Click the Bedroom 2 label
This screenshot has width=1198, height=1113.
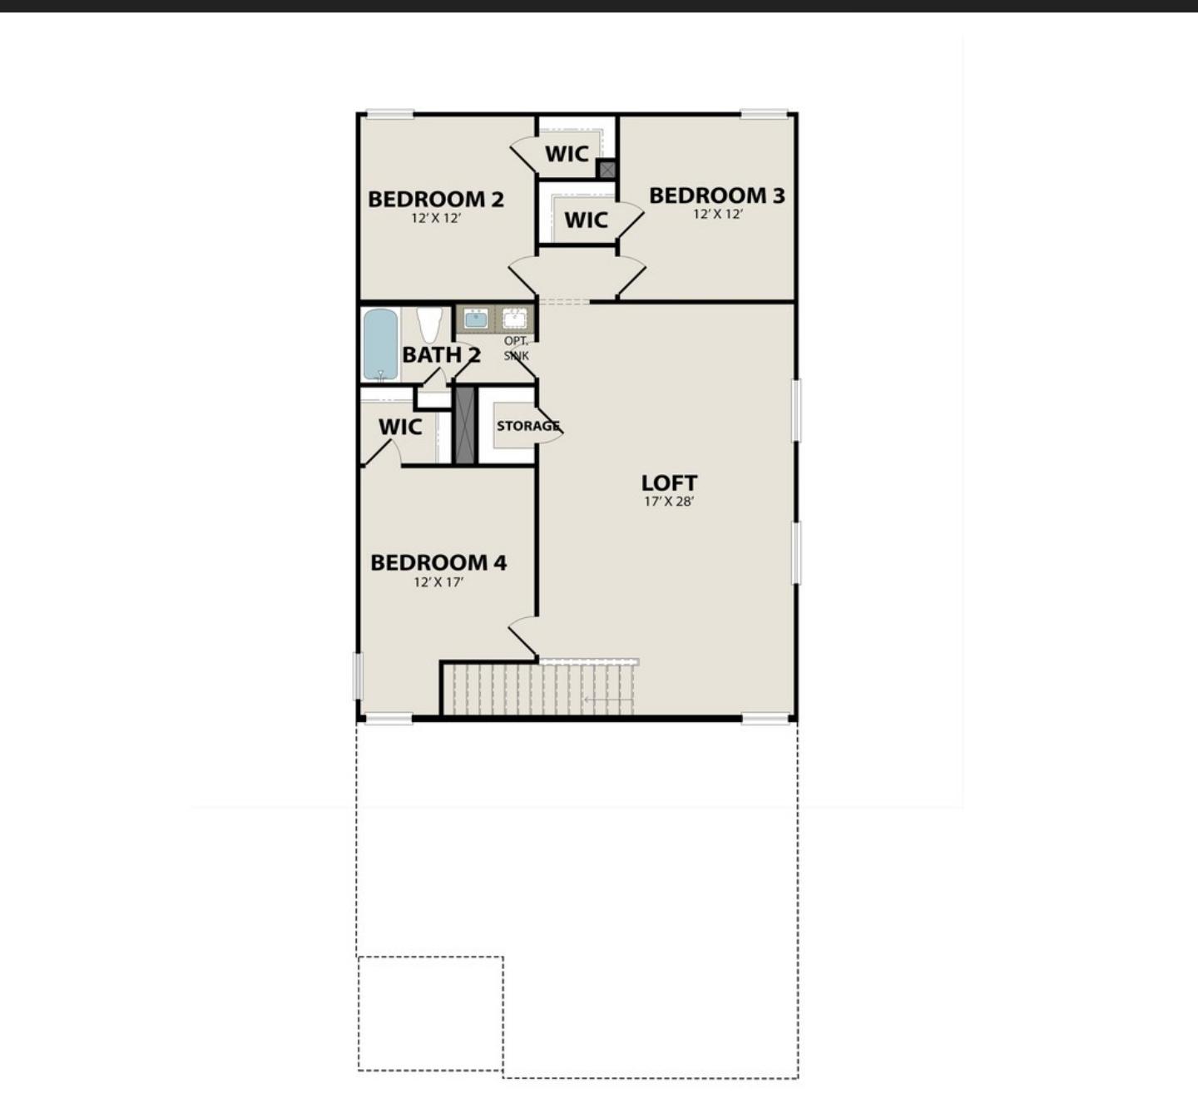tap(435, 199)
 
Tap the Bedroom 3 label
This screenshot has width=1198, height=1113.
tap(716, 195)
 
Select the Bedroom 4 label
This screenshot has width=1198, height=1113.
tap(438, 562)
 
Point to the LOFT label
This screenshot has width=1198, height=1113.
tap(669, 482)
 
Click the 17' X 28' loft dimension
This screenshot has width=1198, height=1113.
tap(669, 502)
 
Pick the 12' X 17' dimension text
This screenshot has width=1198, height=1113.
tap(438, 582)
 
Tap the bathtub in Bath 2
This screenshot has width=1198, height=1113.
tap(380, 344)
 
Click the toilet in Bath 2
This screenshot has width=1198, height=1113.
tap(429, 324)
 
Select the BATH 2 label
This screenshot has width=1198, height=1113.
tap(441, 354)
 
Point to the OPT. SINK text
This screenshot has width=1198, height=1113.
tap(516, 349)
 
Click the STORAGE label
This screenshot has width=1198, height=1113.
tap(527, 426)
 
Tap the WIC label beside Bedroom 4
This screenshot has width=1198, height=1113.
tap(400, 427)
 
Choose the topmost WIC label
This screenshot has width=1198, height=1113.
tap(567, 154)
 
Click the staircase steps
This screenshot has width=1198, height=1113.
tap(541, 689)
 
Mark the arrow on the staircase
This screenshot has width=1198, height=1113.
tap(607, 700)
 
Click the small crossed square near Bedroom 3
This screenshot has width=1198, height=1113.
tap(606, 170)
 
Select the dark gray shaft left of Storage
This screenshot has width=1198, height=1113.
tap(464, 425)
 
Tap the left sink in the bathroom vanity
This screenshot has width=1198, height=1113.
tap(476, 319)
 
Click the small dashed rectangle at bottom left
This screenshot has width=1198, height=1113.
tap(430, 1013)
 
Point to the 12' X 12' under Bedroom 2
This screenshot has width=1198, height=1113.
tap(435, 218)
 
